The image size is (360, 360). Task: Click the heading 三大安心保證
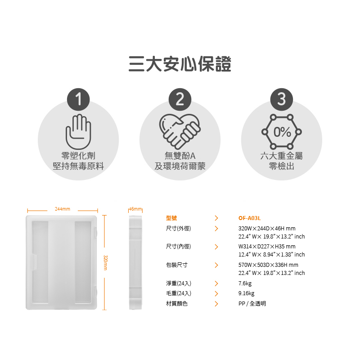click(180, 64)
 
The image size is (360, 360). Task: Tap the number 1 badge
click(78, 99)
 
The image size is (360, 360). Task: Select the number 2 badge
click(180, 99)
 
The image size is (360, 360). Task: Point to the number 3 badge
click(282, 99)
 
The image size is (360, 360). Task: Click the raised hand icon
click(78, 131)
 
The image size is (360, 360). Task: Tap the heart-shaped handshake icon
click(180, 131)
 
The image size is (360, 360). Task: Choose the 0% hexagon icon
click(282, 132)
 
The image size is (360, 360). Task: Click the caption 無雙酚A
click(180, 156)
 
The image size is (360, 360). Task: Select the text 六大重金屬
click(282, 156)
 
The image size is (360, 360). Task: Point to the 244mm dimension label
click(63, 209)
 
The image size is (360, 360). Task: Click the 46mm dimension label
click(135, 209)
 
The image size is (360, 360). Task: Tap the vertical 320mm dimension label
click(105, 263)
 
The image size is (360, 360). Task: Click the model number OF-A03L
click(250, 218)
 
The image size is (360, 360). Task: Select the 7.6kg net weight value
click(245, 283)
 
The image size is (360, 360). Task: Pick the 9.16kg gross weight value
click(246, 293)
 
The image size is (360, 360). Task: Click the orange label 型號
click(171, 218)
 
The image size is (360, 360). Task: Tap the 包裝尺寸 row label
click(177, 265)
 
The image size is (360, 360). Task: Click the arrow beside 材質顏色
click(216, 304)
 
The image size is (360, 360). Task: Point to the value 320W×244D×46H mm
click(267, 229)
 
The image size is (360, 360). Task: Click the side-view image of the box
click(135, 262)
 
